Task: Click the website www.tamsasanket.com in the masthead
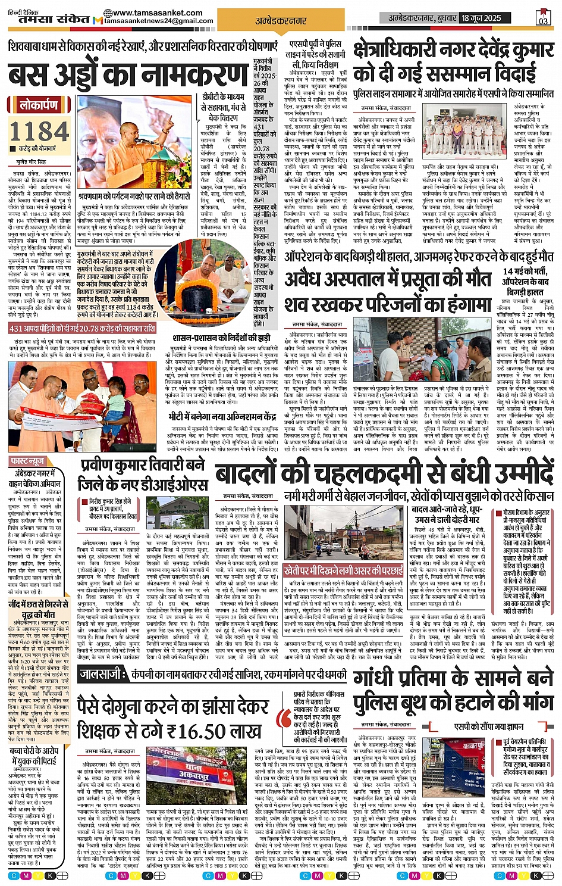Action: pos(157,13)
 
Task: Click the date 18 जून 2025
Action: pos(481,18)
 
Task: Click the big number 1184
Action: pos(40,131)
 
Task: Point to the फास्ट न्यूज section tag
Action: pos(27,461)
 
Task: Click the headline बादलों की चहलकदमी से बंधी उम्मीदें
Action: pos(384,473)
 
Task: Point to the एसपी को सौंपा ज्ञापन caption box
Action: pos(479,726)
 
